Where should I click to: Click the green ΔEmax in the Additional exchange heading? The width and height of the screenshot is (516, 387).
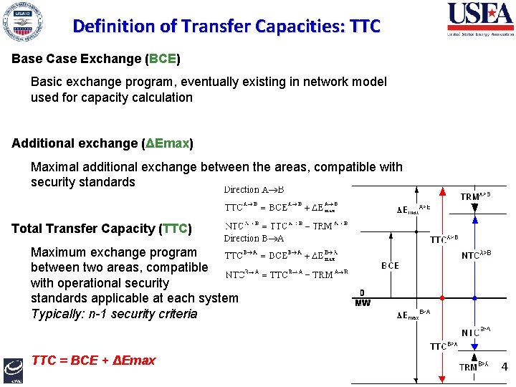pyautogui.click(x=168, y=143)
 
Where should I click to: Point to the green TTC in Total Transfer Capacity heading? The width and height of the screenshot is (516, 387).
pyautogui.click(x=174, y=229)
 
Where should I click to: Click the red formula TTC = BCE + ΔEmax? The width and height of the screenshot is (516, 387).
pyautogui.click(x=93, y=360)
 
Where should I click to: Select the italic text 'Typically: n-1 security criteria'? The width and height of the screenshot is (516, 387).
pyautogui.click(x=114, y=314)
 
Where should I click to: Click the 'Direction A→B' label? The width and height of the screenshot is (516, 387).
pyautogui.click(x=254, y=190)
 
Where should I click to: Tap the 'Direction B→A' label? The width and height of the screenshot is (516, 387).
pyautogui.click(x=254, y=238)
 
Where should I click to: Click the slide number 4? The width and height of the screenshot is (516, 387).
pyautogui.click(x=504, y=367)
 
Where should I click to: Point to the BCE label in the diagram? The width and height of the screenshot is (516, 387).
pyautogui.click(x=391, y=265)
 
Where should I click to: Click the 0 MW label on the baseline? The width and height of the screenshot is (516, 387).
pyautogui.click(x=363, y=298)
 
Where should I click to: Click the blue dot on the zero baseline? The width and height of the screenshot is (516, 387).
pyautogui.click(x=475, y=297)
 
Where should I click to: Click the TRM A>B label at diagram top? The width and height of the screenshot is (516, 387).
pyautogui.click(x=475, y=194)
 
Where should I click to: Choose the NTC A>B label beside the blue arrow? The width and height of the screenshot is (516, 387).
pyautogui.click(x=481, y=254)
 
